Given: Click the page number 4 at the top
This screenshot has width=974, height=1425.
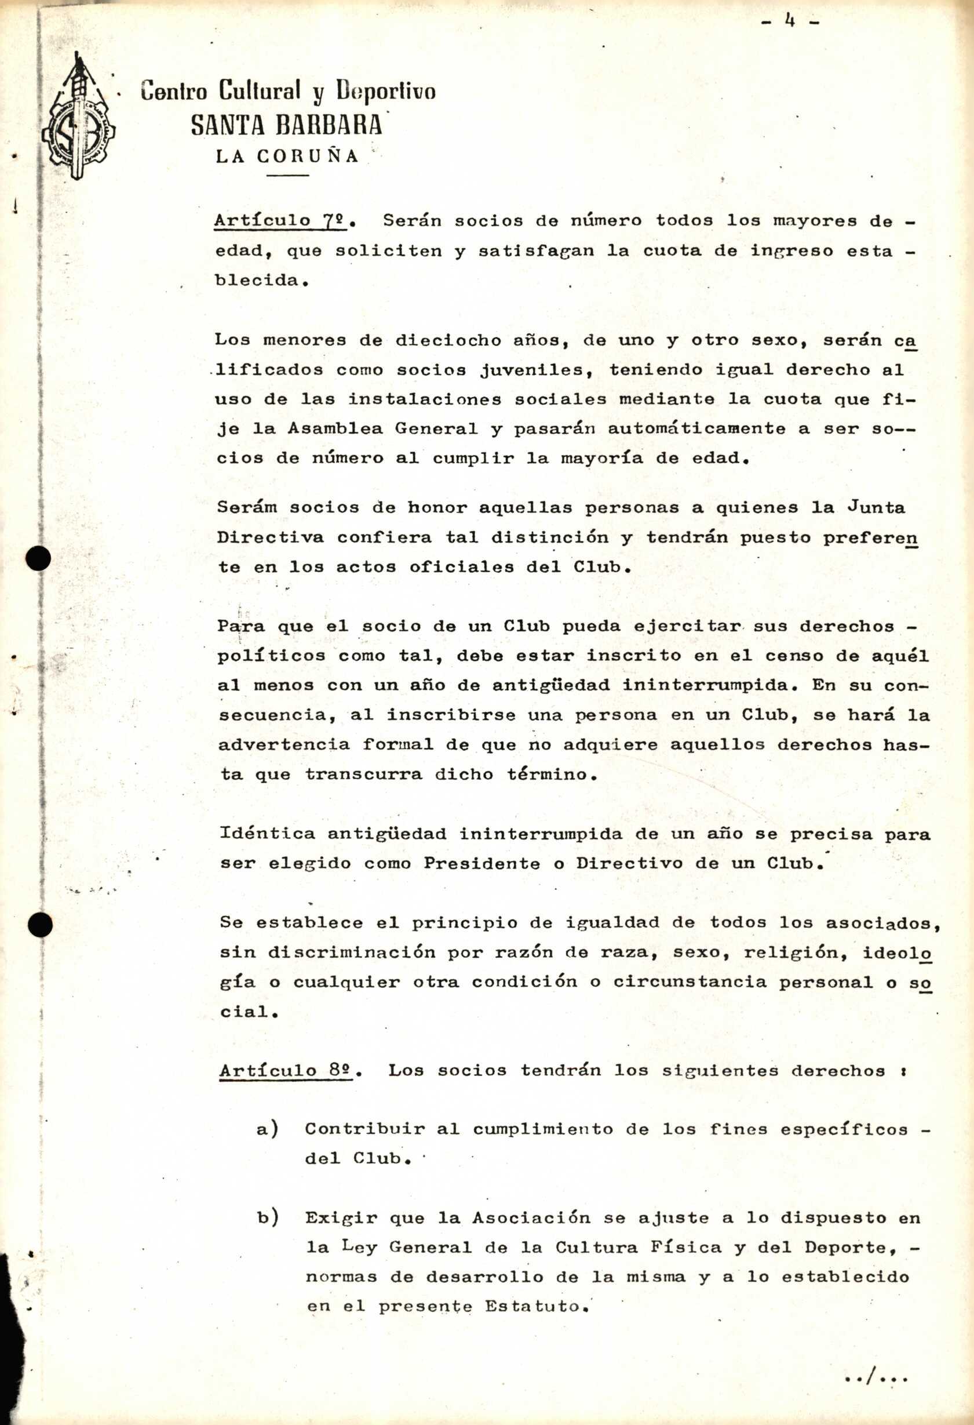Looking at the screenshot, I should tap(790, 21).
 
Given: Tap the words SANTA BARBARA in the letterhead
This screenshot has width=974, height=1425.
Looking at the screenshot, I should tap(286, 125).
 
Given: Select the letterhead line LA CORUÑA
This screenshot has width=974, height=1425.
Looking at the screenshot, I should tap(287, 157).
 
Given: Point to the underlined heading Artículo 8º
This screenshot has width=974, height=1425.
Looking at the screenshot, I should tap(286, 1071).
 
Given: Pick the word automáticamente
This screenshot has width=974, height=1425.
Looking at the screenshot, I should tap(696, 428).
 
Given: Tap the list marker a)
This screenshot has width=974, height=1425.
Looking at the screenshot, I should tap(268, 1129).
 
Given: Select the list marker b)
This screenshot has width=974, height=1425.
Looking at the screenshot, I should tap(268, 1218).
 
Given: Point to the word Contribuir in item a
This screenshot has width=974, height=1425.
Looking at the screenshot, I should tap(364, 1129).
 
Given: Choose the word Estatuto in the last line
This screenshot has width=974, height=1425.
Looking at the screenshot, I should tap(537, 1306).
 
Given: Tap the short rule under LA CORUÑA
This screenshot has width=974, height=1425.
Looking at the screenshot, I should tap(287, 176).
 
